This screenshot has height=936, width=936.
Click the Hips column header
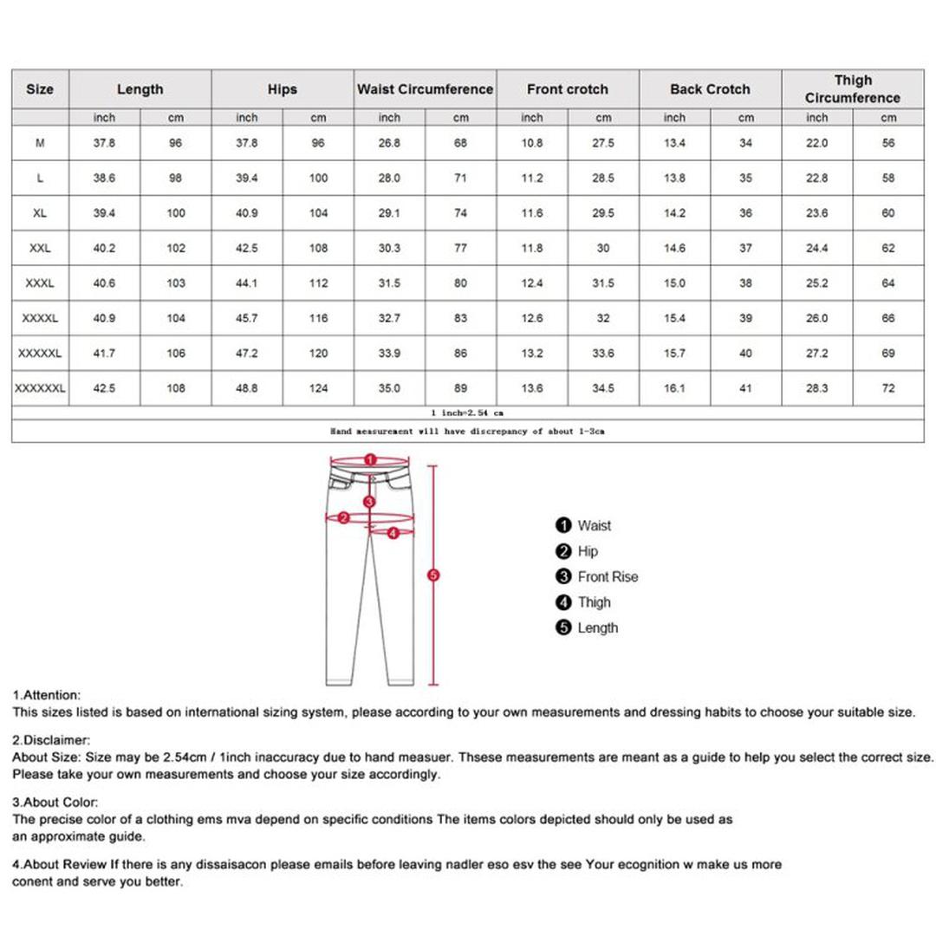coord(282,89)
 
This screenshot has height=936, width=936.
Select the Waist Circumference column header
coord(425,89)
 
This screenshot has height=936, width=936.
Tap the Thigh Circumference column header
coord(852,89)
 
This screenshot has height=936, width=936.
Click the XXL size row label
coord(40,248)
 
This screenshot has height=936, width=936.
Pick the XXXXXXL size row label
coord(40,388)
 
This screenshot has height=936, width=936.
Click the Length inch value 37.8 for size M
coord(104,143)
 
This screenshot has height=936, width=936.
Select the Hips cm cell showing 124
coord(318,388)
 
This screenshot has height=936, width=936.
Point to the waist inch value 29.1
coord(389,213)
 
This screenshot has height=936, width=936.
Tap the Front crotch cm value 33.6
coord(603,354)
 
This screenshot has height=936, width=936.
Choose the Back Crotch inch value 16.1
coord(674,388)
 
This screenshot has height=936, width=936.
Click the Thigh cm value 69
coord(888,354)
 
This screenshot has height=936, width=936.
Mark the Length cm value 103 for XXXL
coord(176,283)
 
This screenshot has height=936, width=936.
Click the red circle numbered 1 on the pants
coord(370,459)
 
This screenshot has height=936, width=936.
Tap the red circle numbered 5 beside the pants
coord(434,575)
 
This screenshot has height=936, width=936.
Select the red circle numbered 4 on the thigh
coord(393,533)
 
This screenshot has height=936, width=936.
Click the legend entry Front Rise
coord(607,577)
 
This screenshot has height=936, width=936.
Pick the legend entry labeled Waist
coord(594,525)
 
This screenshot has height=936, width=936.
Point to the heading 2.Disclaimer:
coord(51,740)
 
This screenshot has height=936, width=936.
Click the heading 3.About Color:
coord(55,803)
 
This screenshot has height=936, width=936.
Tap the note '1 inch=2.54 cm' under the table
coord(467,413)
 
